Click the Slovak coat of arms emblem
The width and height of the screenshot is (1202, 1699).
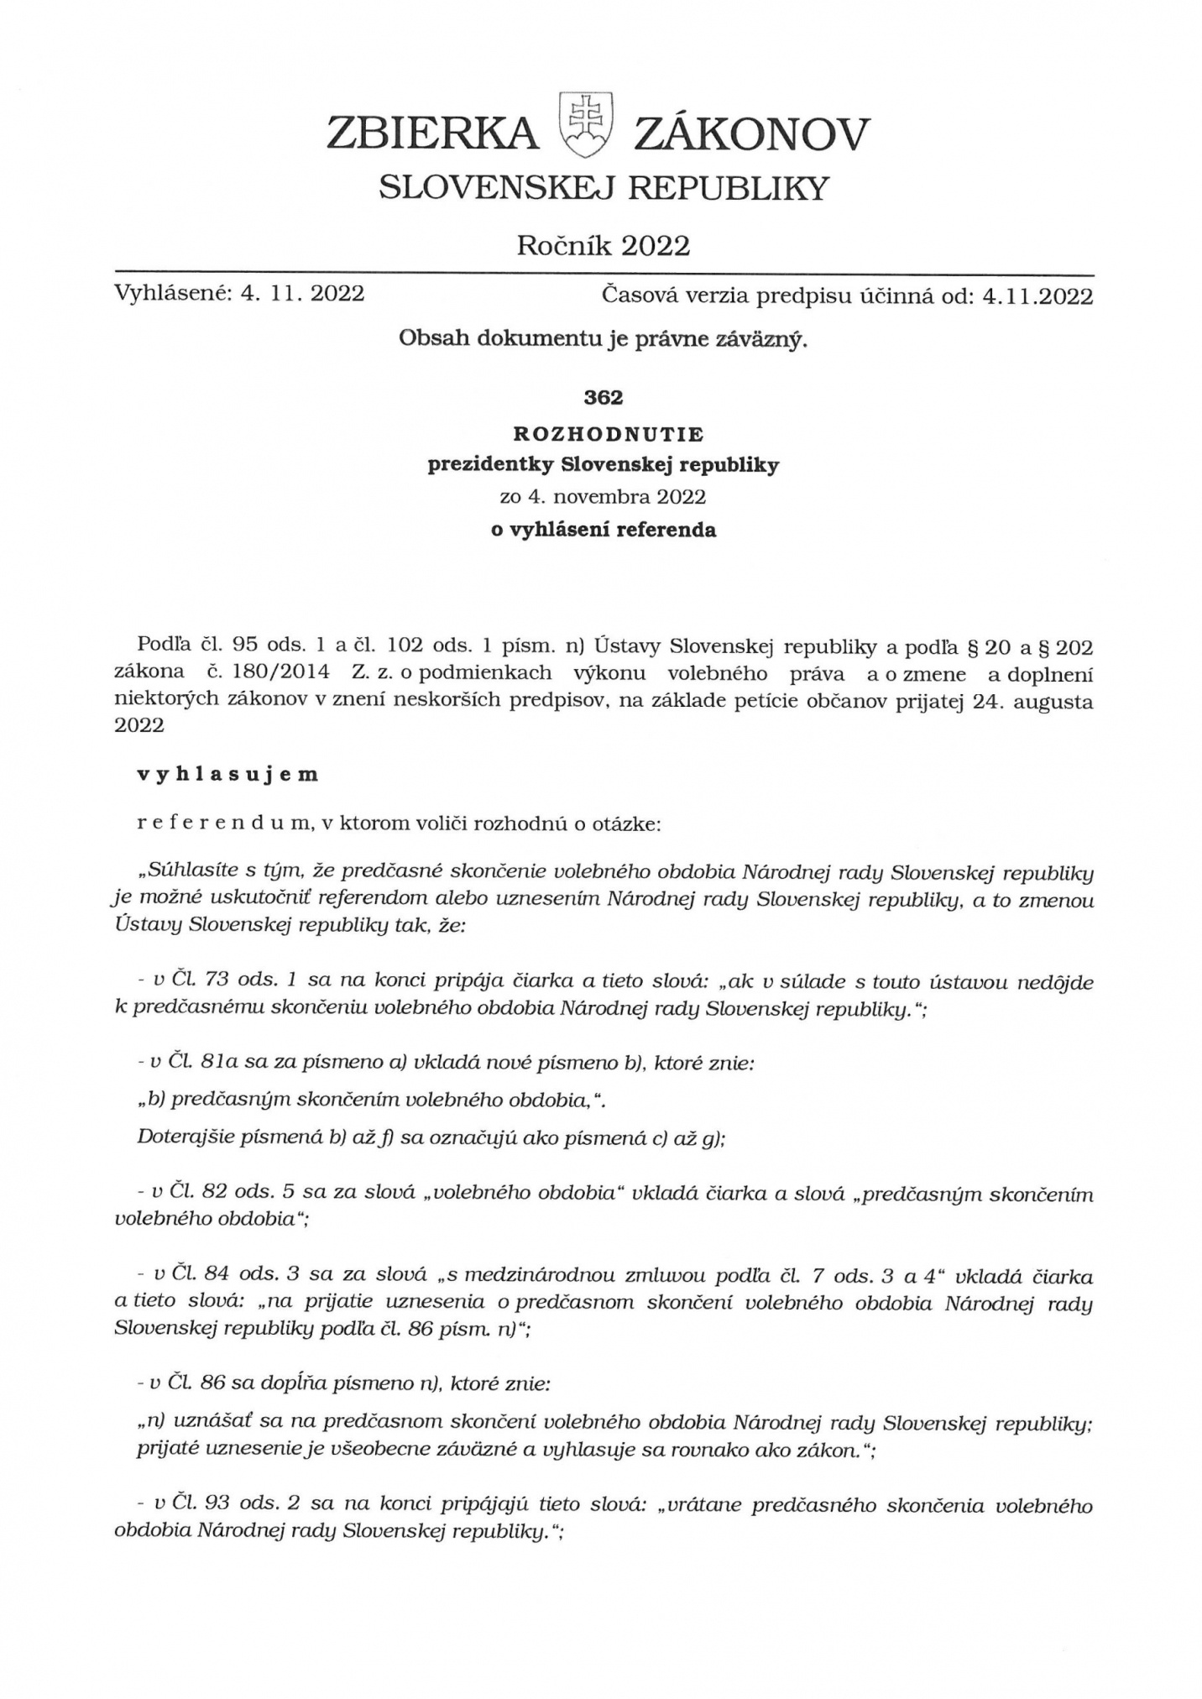tap(585, 126)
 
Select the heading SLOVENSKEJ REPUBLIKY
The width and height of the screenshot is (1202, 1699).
tap(604, 188)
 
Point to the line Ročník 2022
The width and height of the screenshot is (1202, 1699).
tap(604, 245)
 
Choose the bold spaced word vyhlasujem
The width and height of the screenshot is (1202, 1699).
tap(227, 774)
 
